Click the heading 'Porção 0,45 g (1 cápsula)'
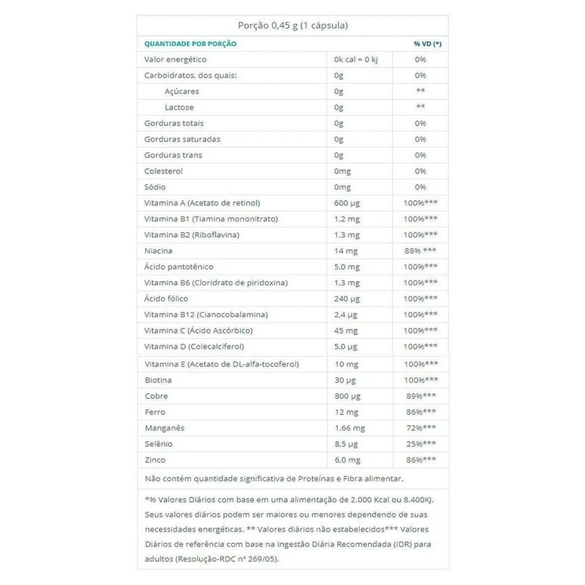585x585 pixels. pos(292,25)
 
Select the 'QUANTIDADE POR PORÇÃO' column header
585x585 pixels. pos(190,44)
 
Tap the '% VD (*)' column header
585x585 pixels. pos(428,44)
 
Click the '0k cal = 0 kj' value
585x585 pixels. pos(356,59)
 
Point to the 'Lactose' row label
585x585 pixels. pos(179,107)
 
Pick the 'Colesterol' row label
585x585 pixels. pos(163,171)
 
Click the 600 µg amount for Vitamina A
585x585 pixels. pos(347,203)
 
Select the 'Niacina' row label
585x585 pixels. pos(158,251)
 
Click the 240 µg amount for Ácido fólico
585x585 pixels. pos(347,298)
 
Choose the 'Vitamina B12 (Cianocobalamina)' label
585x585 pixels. pos(206,314)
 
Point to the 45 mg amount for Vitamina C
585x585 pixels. pos(346,331)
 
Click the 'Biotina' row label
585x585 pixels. pos(158,380)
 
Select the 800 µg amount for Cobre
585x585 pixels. pos(348,396)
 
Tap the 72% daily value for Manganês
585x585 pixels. pos(421,428)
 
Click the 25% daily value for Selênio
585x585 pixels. pos(421,444)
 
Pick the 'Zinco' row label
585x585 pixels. pos(155,460)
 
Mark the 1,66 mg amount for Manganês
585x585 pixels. pos(350,428)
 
